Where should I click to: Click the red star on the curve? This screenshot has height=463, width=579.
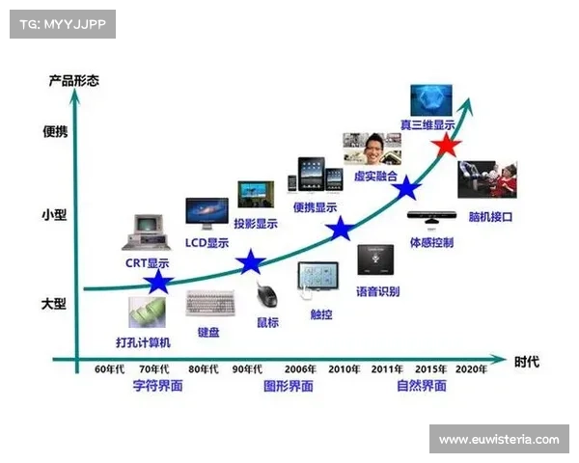tap(445, 146)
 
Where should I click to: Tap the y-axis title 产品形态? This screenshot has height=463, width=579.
tap(72, 80)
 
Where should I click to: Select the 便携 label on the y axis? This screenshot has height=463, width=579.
tap(55, 132)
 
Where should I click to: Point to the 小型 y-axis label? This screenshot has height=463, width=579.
tap(55, 215)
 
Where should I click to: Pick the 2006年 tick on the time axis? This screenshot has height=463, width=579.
tap(300, 369)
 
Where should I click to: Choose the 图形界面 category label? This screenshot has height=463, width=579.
tap(288, 386)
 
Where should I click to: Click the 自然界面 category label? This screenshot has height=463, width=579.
tap(422, 386)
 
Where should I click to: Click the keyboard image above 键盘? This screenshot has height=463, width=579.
tap(210, 304)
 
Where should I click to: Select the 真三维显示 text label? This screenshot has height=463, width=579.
tap(427, 124)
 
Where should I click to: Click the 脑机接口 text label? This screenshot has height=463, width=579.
tap(490, 217)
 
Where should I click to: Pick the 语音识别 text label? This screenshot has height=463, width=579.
tap(377, 291)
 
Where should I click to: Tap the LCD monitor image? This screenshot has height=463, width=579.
tap(207, 214)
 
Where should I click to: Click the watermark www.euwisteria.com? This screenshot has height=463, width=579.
tap(498, 440)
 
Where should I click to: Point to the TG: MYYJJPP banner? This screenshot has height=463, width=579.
tap(61, 23)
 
